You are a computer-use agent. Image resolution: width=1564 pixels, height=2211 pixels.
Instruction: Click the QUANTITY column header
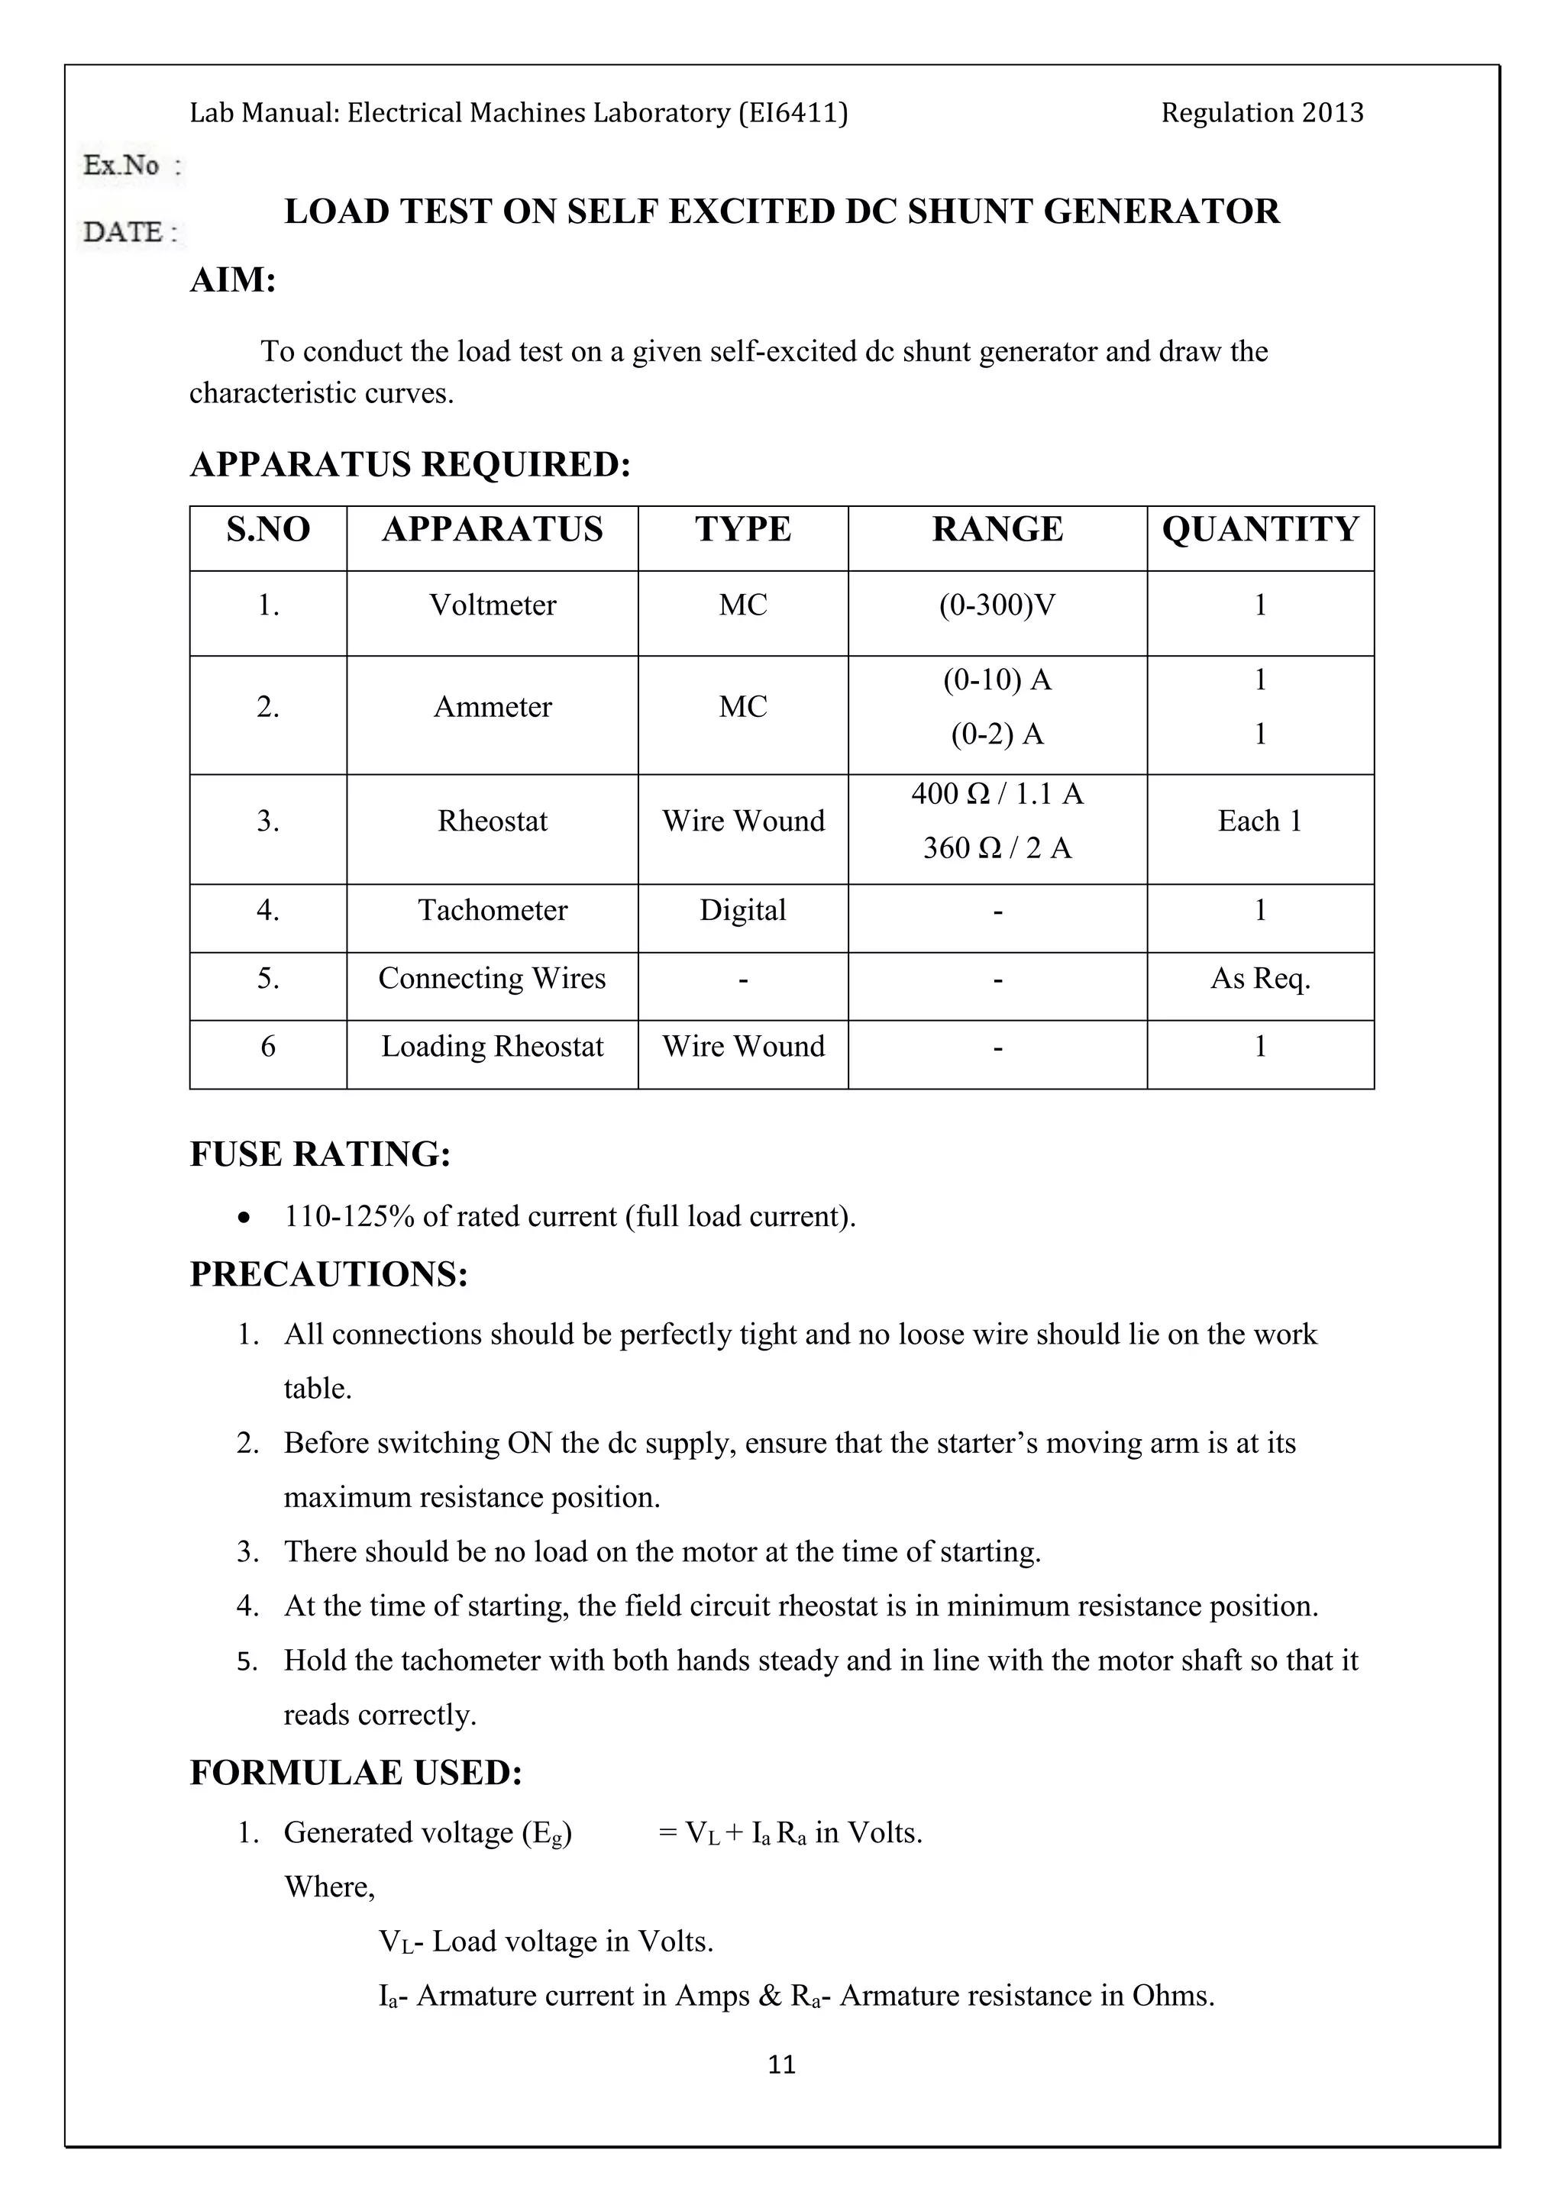[1259, 530]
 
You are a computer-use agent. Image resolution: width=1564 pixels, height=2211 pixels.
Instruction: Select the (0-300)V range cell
[997, 605]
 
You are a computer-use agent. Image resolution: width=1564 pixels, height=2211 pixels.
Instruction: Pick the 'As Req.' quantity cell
[1259, 979]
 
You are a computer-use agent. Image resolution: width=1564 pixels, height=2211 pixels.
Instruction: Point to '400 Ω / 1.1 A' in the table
[997, 795]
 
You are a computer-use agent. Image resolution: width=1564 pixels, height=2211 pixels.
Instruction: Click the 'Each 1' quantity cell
[1259, 821]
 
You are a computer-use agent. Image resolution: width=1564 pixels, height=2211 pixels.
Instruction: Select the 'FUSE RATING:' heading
[320, 1154]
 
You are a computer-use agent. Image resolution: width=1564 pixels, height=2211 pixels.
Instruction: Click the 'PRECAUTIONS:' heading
[328, 1274]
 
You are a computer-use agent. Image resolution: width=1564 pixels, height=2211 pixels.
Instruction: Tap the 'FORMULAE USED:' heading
[355, 1773]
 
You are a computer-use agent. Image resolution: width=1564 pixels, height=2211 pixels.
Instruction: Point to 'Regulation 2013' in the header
[1262, 114]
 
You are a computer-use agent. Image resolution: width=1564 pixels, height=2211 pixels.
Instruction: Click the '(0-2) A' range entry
[997, 734]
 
